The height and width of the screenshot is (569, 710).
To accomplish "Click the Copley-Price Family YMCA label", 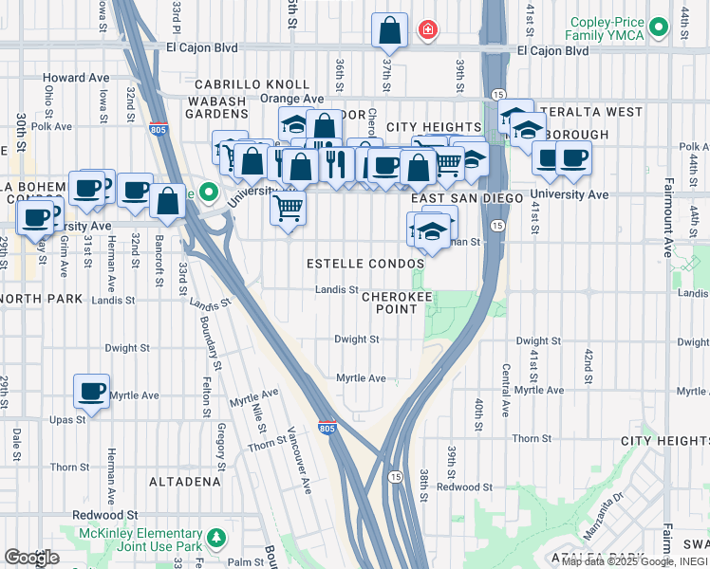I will point(619,28).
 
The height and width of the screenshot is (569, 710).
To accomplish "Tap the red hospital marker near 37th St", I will point(428,30).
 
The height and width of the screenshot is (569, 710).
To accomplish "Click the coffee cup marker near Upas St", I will point(92,390).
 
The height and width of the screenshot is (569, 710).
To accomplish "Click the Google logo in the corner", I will point(31,558).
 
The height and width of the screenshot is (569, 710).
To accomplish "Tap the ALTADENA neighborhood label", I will point(185,482).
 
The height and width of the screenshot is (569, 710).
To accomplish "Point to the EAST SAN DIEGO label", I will point(467,198).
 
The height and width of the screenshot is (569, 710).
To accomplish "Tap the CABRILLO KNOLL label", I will point(252,84).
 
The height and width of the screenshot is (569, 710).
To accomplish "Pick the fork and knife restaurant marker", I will point(333,164).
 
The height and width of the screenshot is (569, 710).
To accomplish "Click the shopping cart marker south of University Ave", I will point(288,206).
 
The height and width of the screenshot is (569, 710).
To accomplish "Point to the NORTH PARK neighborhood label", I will point(27,298).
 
